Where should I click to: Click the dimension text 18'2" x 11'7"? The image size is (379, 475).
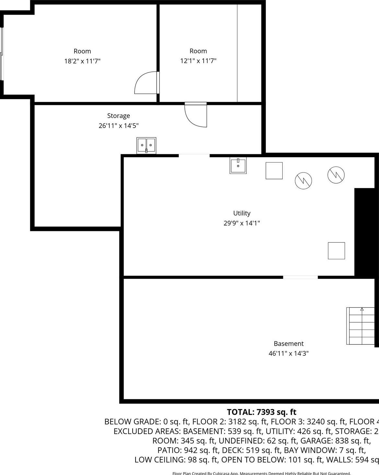(x=82, y=61)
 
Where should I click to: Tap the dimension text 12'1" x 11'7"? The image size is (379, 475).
(x=198, y=61)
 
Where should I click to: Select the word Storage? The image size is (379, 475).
(x=118, y=116)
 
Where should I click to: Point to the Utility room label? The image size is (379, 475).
(x=242, y=213)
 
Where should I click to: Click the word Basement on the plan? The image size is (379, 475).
(x=289, y=343)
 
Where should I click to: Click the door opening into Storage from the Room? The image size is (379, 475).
(x=196, y=115)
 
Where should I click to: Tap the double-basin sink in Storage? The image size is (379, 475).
(x=146, y=145)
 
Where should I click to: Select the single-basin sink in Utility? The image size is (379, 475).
(x=238, y=165)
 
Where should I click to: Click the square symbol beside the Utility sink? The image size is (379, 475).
(x=274, y=171)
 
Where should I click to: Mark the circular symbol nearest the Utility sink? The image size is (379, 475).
(x=303, y=180)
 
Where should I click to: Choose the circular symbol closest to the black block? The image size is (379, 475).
(x=336, y=174)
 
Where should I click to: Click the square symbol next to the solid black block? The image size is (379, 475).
(x=336, y=250)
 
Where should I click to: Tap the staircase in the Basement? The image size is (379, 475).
(x=360, y=326)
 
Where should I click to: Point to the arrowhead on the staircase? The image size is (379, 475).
(x=362, y=309)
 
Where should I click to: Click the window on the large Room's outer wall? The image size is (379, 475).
(x=2, y=54)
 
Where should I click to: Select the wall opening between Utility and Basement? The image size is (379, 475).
(x=300, y=277)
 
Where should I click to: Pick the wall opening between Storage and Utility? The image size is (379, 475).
(x=194, y=156)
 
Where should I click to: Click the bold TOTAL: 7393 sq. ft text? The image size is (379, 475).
(x=261, y=412)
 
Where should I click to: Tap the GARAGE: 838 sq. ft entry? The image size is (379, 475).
(x=335, y=441)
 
